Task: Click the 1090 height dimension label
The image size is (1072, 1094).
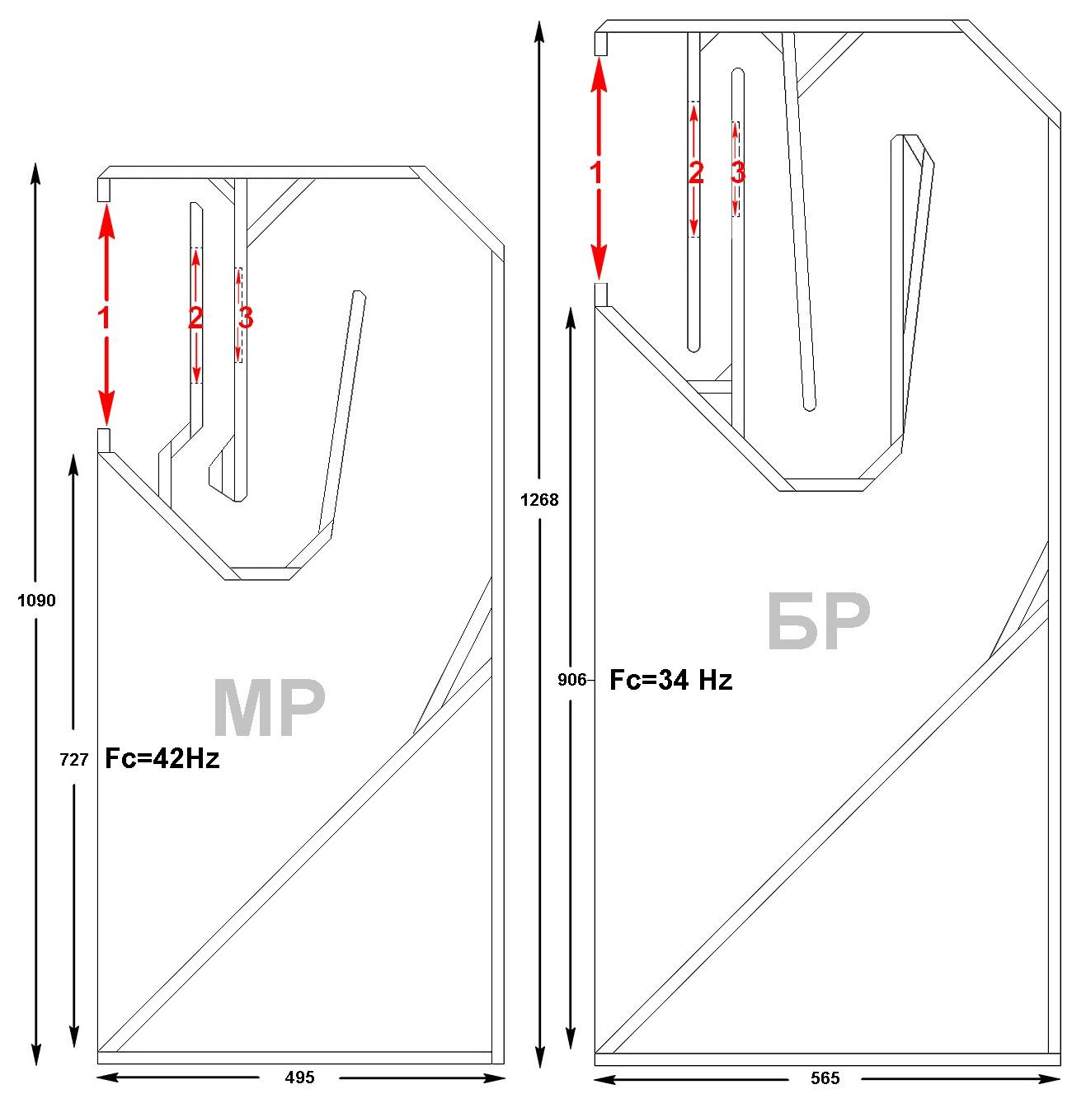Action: point(36,600)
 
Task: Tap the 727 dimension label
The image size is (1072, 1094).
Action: point(73,760)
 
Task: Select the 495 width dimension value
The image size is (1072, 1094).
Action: point(299,1077)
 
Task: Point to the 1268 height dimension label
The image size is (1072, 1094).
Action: point(539,500)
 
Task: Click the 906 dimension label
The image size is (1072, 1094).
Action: point(571,680)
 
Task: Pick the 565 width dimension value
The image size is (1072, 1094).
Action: point(824,1077)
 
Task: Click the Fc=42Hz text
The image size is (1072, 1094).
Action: point(162,758)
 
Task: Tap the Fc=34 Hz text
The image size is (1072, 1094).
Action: point(670,680)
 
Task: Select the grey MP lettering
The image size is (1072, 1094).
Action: point(269,708)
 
